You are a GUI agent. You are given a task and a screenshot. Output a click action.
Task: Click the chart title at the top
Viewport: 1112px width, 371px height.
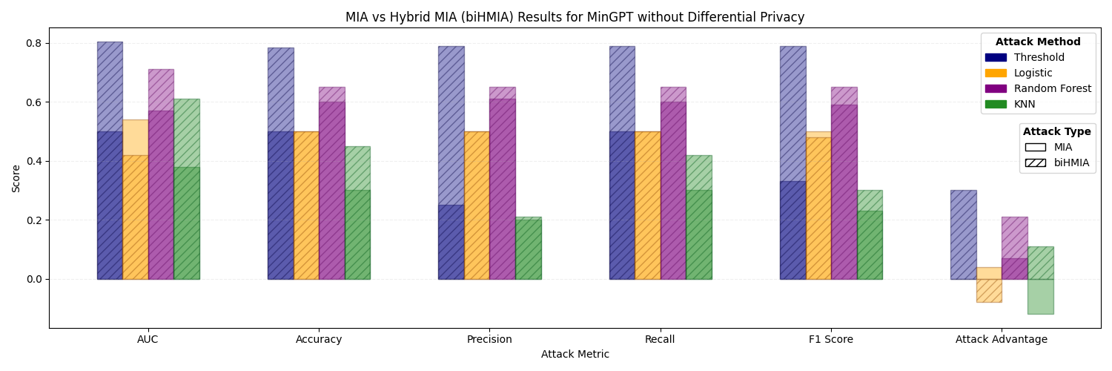(x=575, y=17)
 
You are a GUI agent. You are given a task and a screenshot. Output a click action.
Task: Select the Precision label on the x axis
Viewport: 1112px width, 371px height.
(x=489, y=340)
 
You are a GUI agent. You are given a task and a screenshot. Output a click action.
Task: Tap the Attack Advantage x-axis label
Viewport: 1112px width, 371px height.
(x=1001, y=340)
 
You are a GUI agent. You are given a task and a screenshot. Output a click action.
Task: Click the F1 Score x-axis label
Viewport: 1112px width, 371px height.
(x=830, y=340)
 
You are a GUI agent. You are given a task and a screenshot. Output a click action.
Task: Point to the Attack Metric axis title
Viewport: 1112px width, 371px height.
(x=575, y=355)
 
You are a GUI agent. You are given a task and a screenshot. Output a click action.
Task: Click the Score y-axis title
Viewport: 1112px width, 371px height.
(x=16, y=178)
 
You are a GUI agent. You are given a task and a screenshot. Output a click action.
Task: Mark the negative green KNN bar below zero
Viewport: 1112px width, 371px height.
(x=1040, y=297)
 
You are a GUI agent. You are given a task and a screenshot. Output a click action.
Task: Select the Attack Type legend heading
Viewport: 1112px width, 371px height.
(x=1056, y=131)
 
